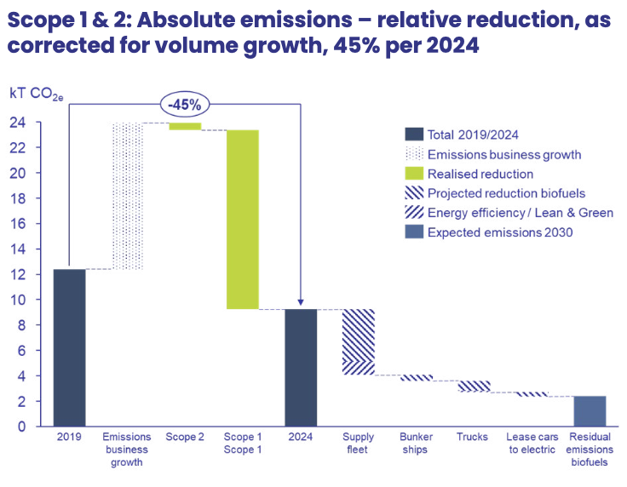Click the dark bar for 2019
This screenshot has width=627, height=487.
click(69, 347)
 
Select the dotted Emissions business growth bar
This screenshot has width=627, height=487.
click(127, 196)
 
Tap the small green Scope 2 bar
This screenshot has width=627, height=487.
click(185, 126)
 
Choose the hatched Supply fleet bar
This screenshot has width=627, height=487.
click(359, 341)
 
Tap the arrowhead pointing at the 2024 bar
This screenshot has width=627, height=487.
click(301, 302)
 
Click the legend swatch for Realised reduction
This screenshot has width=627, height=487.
click(413, 174)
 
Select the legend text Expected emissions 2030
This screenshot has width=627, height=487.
click(499, 232)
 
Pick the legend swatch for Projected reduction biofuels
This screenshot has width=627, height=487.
click(413, 193)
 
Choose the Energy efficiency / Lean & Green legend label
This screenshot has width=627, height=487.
click(520, 213)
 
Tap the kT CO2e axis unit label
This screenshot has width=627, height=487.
click(34, 93)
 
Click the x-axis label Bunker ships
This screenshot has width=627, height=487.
click(417, 443)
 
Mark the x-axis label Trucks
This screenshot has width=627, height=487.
click(474, 437)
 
